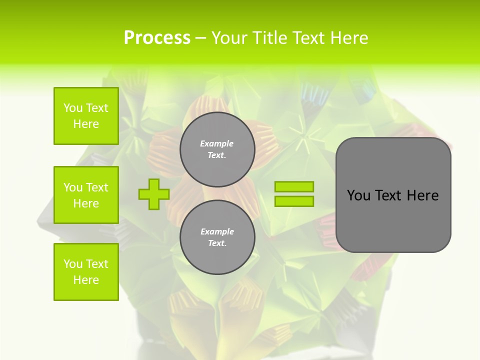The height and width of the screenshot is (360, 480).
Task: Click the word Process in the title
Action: [x=157, y=38]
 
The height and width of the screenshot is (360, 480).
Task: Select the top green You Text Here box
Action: [x=86, y=116]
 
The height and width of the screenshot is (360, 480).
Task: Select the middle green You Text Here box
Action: [x=86, y=195]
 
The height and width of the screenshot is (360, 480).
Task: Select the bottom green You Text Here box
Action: [x=86, y=272]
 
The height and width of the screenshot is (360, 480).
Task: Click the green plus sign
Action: [x=154, y=194]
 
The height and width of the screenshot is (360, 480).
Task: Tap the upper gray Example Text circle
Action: [x=217, y=149]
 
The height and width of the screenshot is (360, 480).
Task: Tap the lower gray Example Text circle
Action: [x=217, y=237]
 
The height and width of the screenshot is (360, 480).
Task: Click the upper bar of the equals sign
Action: [x=294, y=186]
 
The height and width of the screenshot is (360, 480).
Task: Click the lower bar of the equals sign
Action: [x=294, y=201]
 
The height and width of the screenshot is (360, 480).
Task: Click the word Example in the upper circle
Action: [x=217, y=143]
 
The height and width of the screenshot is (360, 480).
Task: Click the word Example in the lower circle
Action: [x=217, y=231]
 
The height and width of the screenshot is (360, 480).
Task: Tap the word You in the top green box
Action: [x=73, y=108]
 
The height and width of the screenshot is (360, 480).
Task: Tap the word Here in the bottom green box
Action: [x=86, y=280]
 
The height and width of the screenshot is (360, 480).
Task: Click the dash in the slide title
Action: [x=200, y=38]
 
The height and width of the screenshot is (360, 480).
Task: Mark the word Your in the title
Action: [x=228, y=38]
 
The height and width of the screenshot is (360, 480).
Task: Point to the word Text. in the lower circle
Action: [x=217, y=243]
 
